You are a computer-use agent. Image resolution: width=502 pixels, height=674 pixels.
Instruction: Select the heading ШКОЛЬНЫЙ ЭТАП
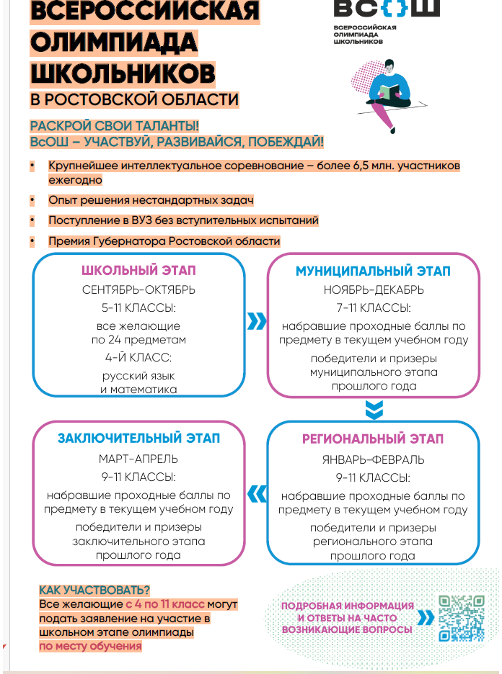click(x=138, y=271)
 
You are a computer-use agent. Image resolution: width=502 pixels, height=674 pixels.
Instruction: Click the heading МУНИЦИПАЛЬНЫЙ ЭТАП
click(x=373, y=271)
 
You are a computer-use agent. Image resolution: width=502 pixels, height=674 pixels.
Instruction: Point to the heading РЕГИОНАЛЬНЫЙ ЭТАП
click(x=373, y=439)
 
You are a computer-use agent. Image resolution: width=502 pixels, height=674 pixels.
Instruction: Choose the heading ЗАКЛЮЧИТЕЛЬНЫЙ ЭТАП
click(x=138, y=439)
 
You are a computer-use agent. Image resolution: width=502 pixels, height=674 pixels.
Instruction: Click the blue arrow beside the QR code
click(x=426, y=618)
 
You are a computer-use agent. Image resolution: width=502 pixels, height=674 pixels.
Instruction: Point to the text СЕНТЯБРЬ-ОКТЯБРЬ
click(x=138, y=290)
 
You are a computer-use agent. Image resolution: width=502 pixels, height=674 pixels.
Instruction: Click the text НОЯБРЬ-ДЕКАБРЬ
click(x=373, y=290)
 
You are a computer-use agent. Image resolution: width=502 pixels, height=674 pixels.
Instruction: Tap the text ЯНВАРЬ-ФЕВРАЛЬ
click(x=373, y=459)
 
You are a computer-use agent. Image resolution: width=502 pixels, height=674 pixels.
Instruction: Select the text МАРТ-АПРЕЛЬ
click(x=138, y=459)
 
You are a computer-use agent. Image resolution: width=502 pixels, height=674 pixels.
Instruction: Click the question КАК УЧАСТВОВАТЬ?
click(x=94, y=590)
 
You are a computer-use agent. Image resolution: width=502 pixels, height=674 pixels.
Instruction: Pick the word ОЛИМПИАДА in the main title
click(x=114, y=42)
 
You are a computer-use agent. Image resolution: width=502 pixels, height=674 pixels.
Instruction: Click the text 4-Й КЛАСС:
click(x=138, y=357)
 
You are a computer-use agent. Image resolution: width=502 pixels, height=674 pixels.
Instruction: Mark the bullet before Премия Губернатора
click(x=32, y=241)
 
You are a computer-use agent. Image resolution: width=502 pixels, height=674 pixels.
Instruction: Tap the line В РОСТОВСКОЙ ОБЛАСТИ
click(x=135, y=99)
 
